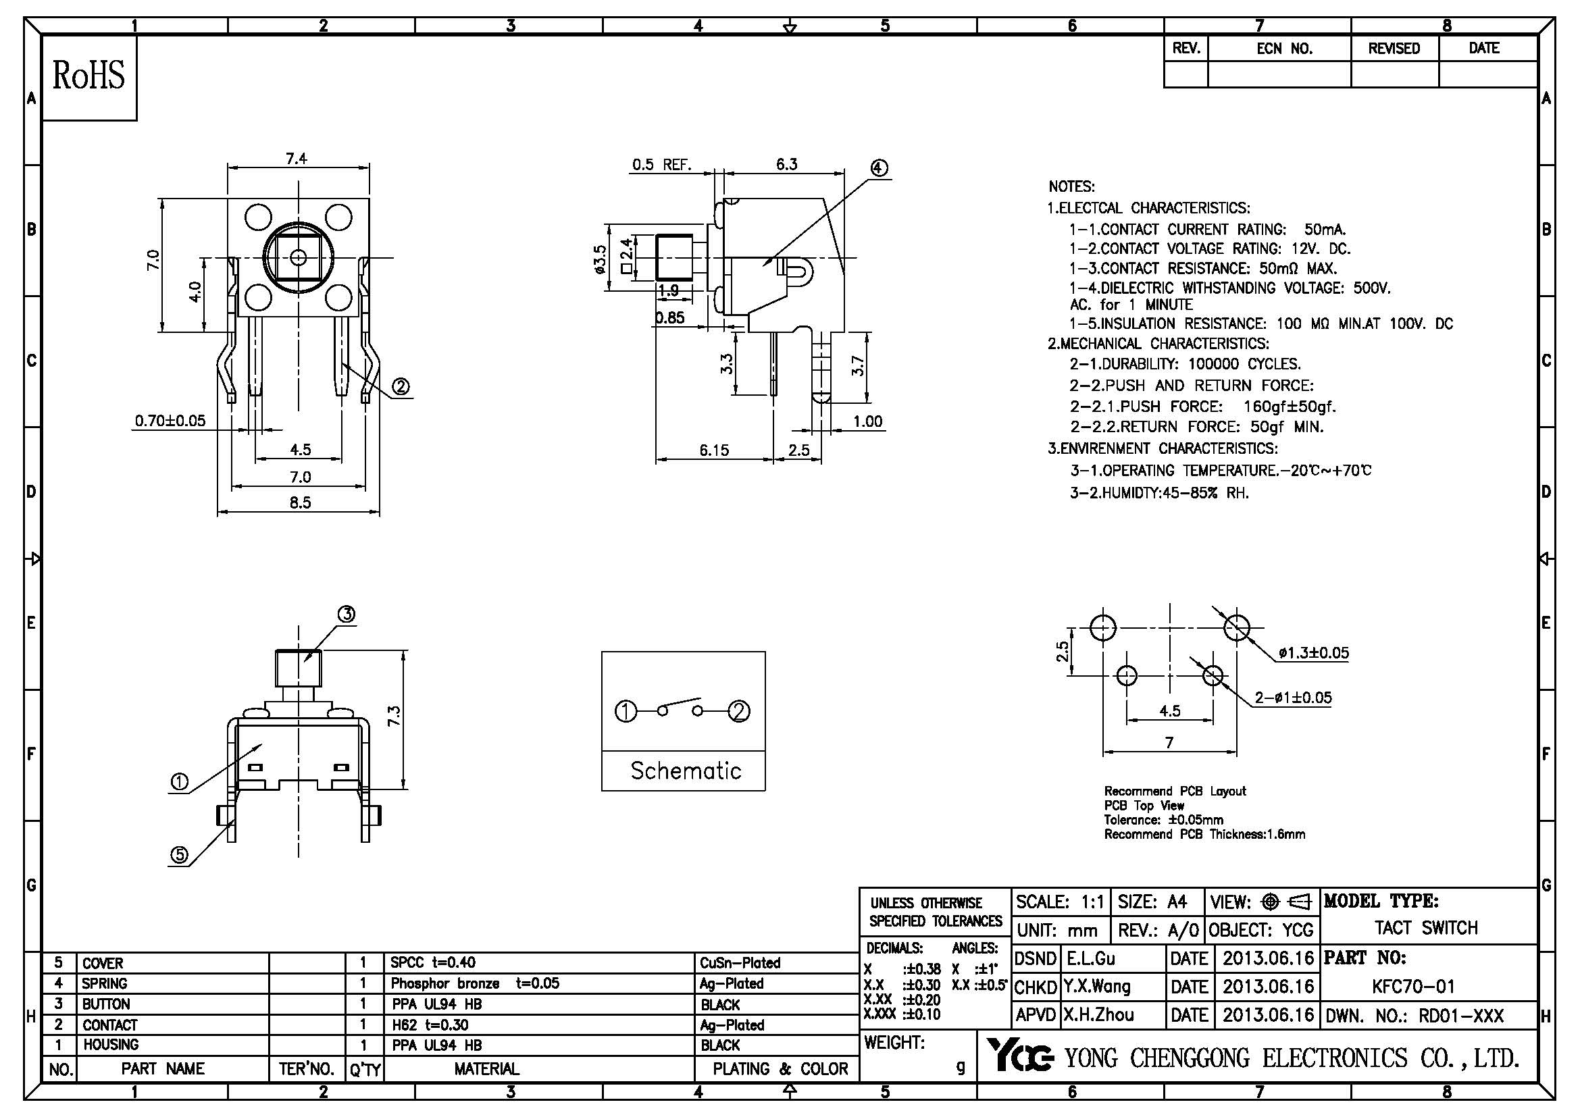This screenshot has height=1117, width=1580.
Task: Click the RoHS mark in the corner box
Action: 88,76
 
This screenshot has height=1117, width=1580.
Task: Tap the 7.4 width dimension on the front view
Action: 297,159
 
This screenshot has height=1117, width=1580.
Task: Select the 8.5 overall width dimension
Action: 300,503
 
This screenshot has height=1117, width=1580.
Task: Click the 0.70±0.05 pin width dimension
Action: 170,421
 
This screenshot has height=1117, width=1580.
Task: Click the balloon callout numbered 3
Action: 346,614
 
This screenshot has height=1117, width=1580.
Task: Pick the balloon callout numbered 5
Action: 179,855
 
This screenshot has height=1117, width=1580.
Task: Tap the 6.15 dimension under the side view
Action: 713,450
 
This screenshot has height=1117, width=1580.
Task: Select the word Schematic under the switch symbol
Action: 686,771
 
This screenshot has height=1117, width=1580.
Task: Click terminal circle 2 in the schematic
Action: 739,711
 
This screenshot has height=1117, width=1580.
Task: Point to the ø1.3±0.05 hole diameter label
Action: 1314,653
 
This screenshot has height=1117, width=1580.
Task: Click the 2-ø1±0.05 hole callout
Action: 1293,698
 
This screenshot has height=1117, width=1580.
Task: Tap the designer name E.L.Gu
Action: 1090,959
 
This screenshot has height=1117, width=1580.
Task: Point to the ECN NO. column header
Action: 1284,49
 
